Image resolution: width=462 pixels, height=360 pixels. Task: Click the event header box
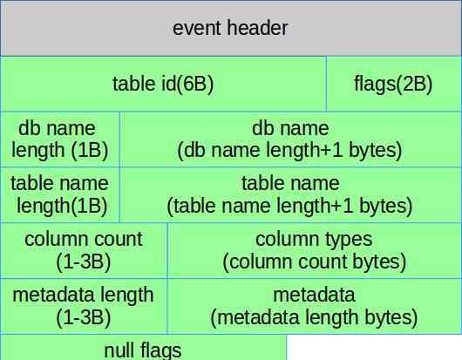231,28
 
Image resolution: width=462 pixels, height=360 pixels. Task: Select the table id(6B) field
163,84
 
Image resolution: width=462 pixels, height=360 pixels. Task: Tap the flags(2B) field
394,84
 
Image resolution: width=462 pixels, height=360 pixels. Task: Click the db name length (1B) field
60,139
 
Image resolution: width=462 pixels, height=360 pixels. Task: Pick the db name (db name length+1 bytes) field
291,139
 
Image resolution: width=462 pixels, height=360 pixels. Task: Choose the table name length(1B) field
60,194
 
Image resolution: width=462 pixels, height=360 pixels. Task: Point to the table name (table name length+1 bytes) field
291,194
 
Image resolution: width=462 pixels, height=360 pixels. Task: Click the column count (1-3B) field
84,250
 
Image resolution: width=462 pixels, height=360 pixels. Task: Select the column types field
315,250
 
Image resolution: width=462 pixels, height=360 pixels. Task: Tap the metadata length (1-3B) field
84,306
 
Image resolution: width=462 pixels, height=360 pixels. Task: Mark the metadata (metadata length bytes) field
315,306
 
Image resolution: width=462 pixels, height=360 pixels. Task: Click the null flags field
143,347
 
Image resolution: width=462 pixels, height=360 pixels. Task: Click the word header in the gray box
257,28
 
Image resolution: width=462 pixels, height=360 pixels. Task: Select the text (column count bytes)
315,262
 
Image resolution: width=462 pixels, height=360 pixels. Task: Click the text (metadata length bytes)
314,317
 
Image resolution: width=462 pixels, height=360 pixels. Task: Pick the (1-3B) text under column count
84,262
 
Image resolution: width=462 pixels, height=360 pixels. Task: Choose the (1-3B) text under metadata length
84,317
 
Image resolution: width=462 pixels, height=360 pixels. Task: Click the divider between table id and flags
326,84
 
